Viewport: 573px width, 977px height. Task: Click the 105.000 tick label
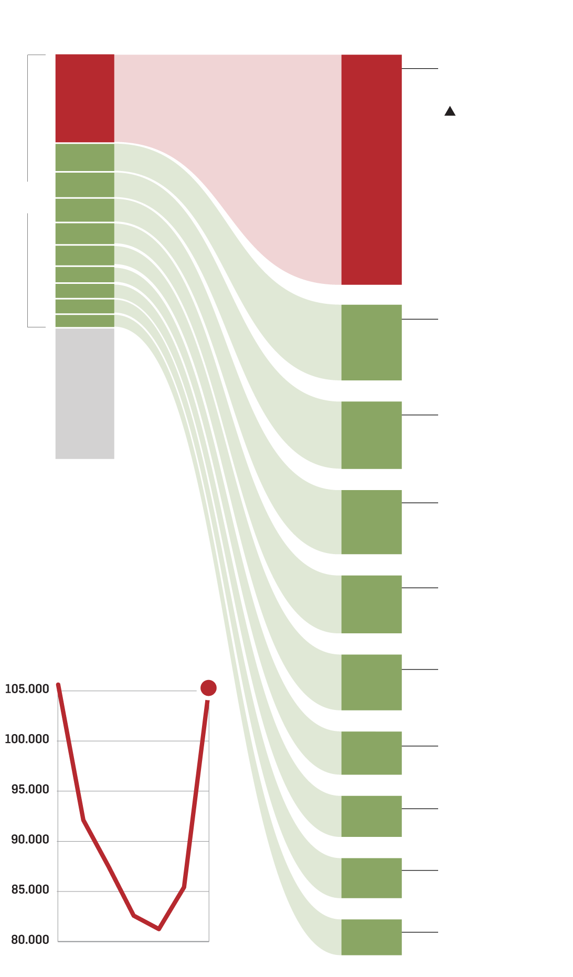(27, 689)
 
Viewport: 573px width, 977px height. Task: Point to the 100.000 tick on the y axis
(27, 739)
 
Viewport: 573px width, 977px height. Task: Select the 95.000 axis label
(30, 790)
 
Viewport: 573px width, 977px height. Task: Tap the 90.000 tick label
(30, 840)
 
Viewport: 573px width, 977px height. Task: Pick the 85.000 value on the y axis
(30, 890)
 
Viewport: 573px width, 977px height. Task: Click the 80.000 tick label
(30, 940)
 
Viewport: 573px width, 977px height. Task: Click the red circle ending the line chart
(208, 688)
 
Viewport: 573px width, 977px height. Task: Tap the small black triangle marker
(450, 111)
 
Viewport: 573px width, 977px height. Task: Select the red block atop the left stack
(84, 98)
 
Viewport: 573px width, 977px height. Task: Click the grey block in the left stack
(84, 394)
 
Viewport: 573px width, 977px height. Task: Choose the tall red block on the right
(372, 169)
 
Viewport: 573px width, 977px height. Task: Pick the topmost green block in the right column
(372, 342)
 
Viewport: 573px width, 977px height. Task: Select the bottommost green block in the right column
(372, 937)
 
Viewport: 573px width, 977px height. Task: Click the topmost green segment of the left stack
(84, 157)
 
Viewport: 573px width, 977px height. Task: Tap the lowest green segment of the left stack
(84, 321)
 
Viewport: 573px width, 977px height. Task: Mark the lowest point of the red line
(159, 929)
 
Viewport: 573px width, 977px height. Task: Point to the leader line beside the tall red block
(420, 69)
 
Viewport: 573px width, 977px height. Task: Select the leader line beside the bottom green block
(420, 932)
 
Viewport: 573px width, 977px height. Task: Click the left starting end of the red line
(58, 685)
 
